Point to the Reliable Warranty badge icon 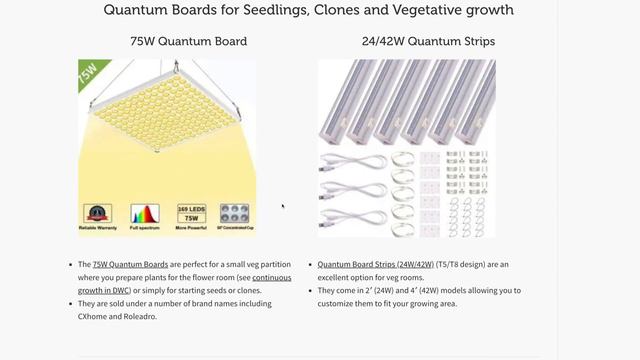pyautogui.click(x=97, y=215)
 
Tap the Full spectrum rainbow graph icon pyautogui.click(x=144, y=215)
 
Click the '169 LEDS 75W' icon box pyautogui.click(x=190, y=215)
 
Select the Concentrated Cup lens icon pyautogui.click(x=236, y=215)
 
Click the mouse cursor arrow pyautogui.click(x=283, y=207)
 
